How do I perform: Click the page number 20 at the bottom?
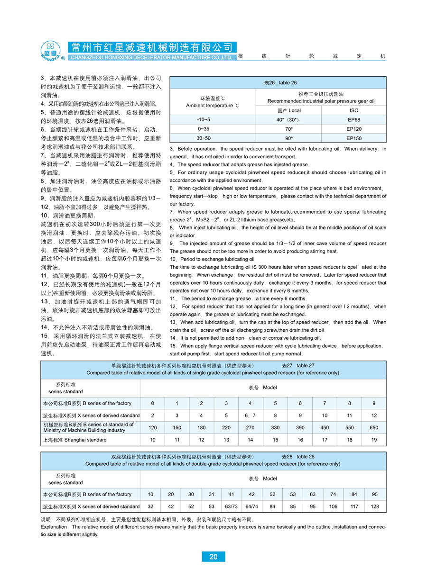(x=213, y=557)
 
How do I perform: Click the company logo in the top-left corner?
(x=50, y=51)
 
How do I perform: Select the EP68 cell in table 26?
(x=353, y=120)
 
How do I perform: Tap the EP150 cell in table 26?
(x=353, y=138)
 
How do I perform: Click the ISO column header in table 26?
(x=353, y=110)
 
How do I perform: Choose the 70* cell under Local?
(x=288, y=129)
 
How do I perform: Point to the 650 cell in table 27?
(x=374, y=427)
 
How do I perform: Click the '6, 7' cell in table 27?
(x=250, y=415)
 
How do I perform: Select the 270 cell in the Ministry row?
(x=250, y=427)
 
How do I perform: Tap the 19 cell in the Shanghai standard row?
(x=374, y=440)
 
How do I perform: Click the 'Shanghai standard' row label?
(x=75, y=440)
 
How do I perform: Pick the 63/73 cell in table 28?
(x=232, y=507)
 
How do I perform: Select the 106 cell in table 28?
(x=334, y=507)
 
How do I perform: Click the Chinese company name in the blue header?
(x=152, y=47)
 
